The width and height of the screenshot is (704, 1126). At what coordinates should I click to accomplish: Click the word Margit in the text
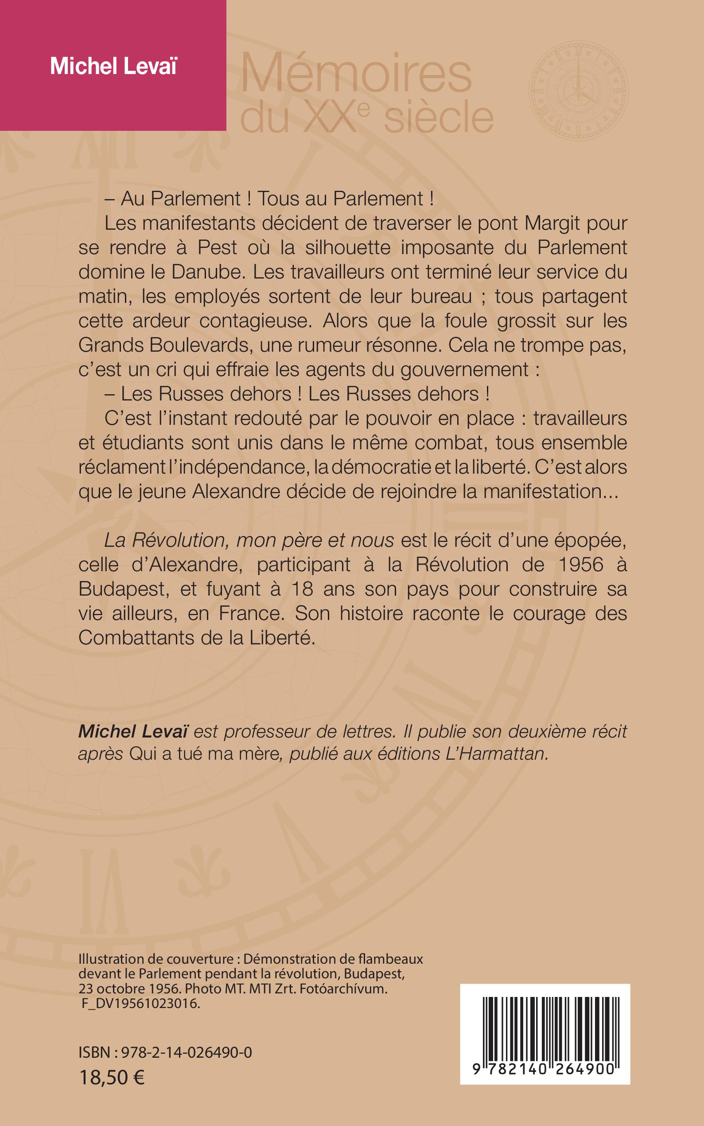[x=554, y=223]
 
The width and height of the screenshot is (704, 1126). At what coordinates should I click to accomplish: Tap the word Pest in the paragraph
[x=218, y=247]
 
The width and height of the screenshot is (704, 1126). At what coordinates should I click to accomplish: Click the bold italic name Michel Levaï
[x=133, y=731]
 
